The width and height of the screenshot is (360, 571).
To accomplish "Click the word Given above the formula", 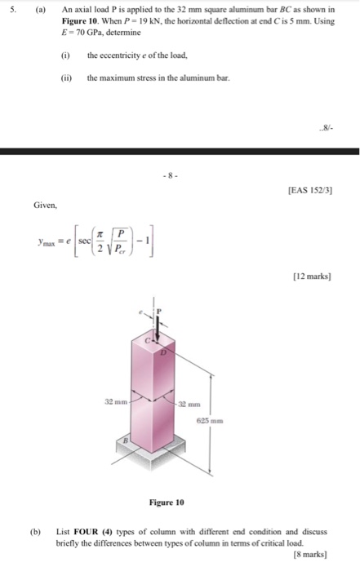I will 46,205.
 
